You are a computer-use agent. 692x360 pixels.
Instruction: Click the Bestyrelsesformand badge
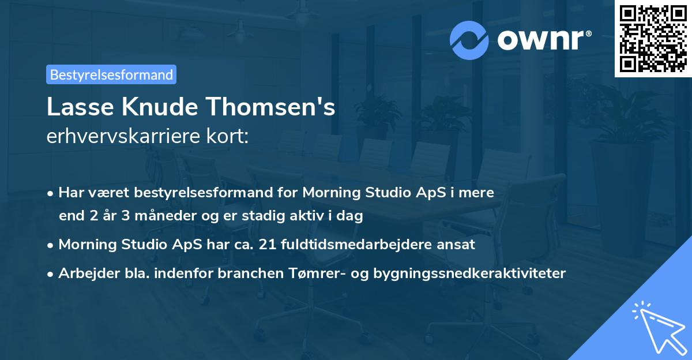[x=111, y=74]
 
